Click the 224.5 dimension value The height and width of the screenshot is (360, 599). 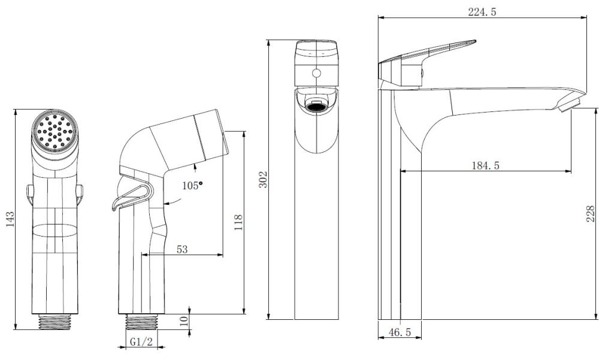pyautogui.click(x=482, y=12)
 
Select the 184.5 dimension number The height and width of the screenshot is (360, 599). pyautogui.click(x=485, y=165)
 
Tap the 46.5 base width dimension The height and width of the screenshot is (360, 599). pyautogui.click(x=400, y=332)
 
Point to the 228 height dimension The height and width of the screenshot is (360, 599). pyautogui.click(x=591, y=214)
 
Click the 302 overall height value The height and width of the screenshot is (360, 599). pyautogui.click(x=264, y=179)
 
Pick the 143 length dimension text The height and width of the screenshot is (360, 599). pyautogui.click(x=10, y=219)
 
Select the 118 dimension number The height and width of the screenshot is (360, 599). pyautogui.click(x=238, y=222)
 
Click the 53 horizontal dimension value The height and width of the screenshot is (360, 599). pyautogui.click(x=182, y=249)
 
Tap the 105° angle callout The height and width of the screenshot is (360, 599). pyautogui.click(x=192, y=186)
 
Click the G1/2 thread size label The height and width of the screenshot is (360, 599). pyautogui.click(x=141, y=341)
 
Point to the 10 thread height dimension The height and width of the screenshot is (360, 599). pyautogui.click(x=184, y=320)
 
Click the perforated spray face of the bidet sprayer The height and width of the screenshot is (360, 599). pyautogui.click(x=55, y=131)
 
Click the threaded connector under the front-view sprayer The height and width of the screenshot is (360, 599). pyautogui.click(x=55, y=322)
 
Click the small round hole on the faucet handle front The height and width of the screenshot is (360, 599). pyautogui.click(x=316, y=73)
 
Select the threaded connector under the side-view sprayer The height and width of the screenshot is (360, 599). pyautogui.click(x=142, y=322)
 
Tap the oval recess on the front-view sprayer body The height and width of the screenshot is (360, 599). pyautogui.click(x=55, y=231)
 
